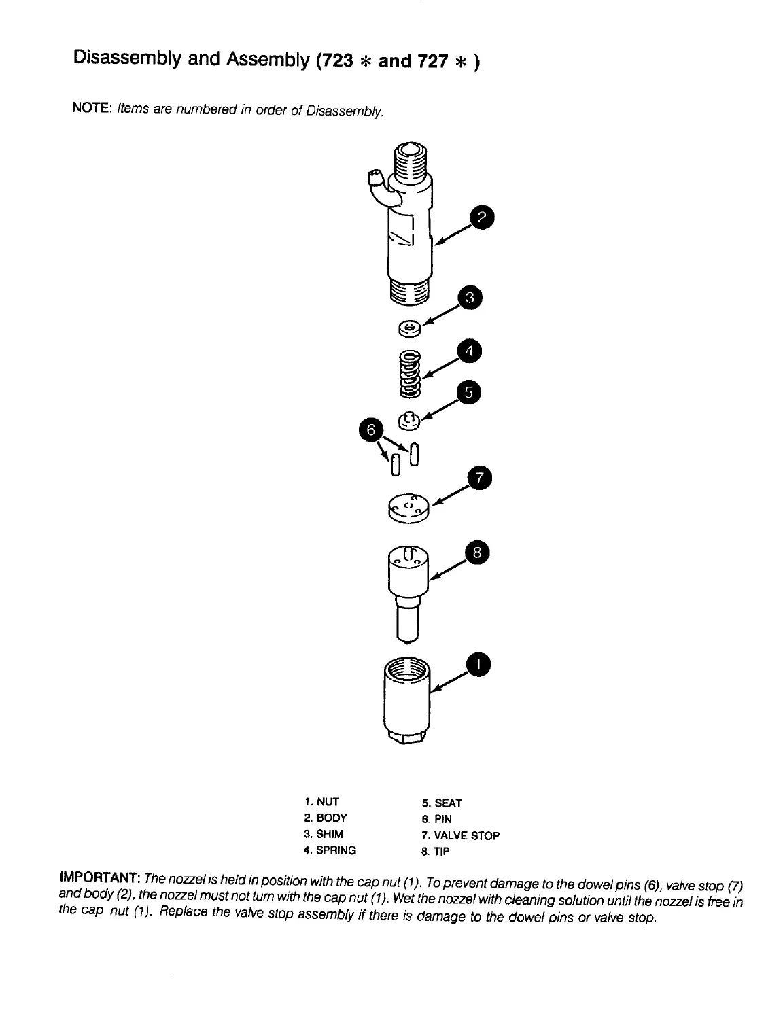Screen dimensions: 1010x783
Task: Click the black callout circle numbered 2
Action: click(482, 218)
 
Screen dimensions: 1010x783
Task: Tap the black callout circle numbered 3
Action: click(469, 298)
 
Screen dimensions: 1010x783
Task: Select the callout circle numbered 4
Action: click(469, 352)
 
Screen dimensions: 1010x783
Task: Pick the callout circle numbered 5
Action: click(469, 392)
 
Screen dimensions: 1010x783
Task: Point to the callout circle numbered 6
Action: click(370, 430)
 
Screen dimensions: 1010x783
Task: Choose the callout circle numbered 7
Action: click(478, 479)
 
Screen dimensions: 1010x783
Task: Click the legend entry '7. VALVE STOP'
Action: click(460, 835)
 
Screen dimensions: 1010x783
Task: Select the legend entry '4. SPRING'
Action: click(330, 850)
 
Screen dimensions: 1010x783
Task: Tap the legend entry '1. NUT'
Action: click(321, 802)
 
